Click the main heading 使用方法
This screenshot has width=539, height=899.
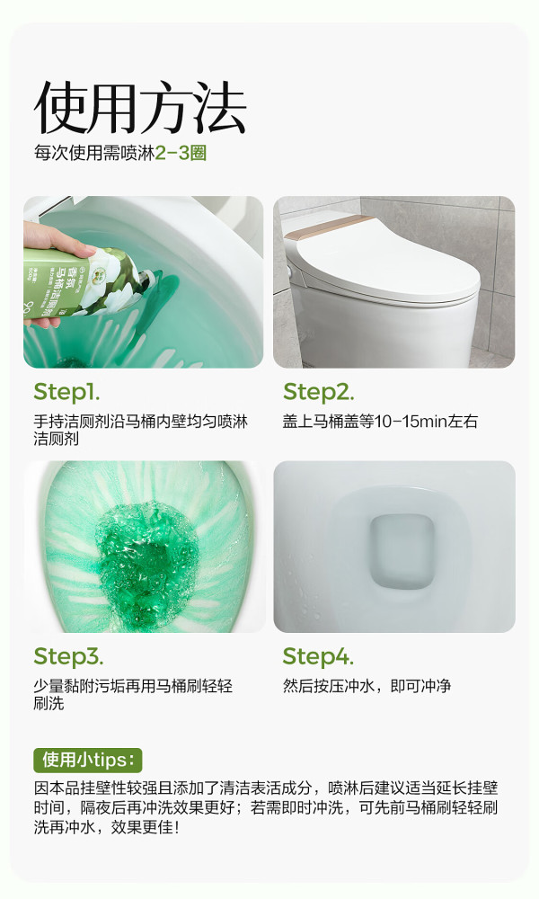point(140,108)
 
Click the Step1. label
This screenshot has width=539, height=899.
point(66,393)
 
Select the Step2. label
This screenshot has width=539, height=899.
point(319,393)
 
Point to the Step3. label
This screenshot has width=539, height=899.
point(68,656)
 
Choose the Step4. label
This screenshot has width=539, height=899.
point(318,656)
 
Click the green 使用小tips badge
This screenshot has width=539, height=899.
point(88,760)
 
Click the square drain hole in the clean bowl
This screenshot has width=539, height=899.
point(401,551)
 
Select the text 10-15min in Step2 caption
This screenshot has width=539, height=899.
point(411,422)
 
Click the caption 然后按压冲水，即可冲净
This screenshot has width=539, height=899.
point(367,686)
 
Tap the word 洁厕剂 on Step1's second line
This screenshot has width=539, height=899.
point(56,440)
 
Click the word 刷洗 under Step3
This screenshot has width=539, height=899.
point(49,704)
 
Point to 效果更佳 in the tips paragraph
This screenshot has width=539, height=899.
point(141,827)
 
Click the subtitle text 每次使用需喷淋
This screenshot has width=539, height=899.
point(94,153)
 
